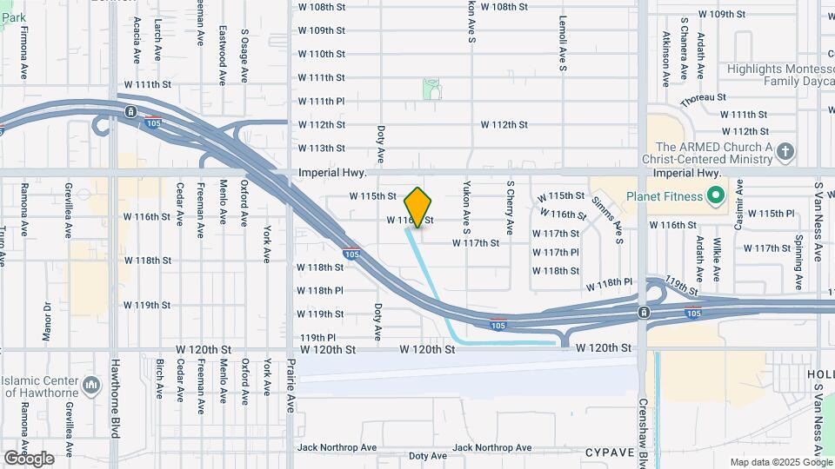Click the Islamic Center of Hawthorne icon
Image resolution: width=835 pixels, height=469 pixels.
[92, 384]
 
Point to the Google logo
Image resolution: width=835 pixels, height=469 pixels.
[29, 459]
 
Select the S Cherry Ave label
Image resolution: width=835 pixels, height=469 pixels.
[510, 208]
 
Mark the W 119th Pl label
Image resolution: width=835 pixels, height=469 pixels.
[317, 337]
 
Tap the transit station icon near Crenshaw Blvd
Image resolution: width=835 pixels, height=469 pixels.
[643, 312]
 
